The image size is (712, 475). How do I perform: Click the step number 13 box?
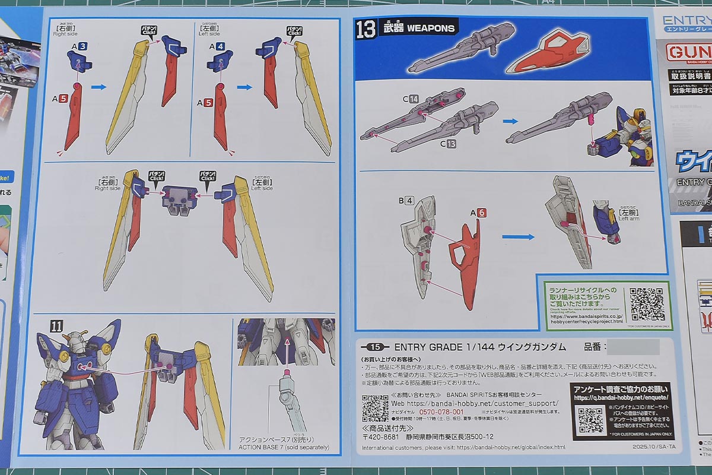click(x=366, y=28)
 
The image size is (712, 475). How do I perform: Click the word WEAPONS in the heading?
click(x=431, y=28)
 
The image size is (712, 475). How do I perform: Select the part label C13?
click(x=447, y=143)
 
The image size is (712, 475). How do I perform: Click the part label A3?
click(x=80, y=46)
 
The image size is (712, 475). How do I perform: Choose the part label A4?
click(x=216, y=46)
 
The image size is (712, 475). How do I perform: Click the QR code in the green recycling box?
click(x=647, y=305)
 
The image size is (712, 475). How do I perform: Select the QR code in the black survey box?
click(x=592, y=419)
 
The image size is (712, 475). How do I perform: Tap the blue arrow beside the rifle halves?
click(x=510, y=121)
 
